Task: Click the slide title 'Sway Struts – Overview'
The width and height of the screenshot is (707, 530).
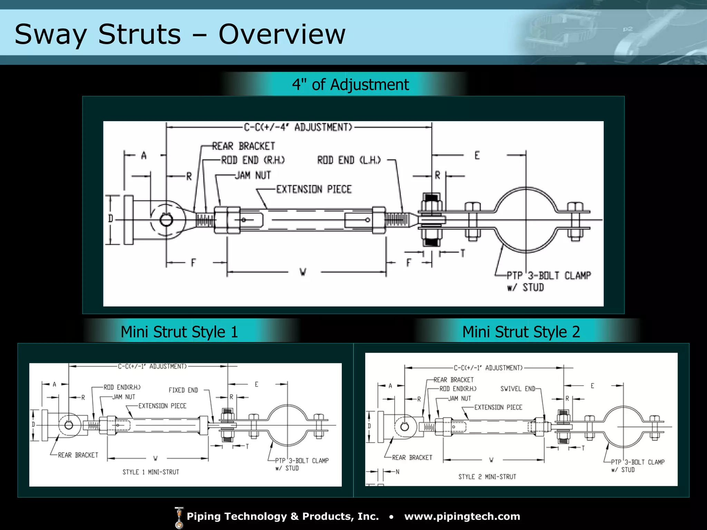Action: point(180,35)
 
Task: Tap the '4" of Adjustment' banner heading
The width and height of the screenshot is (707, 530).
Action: point(350,85)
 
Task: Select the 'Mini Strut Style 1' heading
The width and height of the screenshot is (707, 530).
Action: point(179,332)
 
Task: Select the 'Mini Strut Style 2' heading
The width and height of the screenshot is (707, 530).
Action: point(521,332)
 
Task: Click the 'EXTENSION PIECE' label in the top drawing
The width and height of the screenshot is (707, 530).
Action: point(314,189)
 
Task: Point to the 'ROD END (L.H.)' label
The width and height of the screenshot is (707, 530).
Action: point(349,160)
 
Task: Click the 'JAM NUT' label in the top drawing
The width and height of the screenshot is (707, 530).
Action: point(253,175)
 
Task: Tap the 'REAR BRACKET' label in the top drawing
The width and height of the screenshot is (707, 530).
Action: point(243,146)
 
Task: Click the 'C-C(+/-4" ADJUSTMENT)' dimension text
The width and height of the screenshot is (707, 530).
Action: point(298,127)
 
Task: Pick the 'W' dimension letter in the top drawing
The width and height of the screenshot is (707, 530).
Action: point(303,272)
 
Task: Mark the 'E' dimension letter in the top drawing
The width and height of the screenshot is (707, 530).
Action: point(477,156)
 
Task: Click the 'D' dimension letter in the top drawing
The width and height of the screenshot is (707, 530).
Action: point(110,218)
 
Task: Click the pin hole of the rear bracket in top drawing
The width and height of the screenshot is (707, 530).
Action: point(166,220)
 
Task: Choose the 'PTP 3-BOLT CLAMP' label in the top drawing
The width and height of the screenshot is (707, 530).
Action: point(549,276)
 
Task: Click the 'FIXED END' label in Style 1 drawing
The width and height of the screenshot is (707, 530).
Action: point(183,390)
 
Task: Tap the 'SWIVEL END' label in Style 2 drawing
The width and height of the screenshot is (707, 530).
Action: point(518,389)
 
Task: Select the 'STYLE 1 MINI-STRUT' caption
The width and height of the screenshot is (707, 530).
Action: point(151,472)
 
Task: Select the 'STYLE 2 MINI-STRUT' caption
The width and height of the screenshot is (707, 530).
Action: point(487,477)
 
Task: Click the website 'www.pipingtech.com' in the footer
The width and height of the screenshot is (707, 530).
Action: point(462,516)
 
